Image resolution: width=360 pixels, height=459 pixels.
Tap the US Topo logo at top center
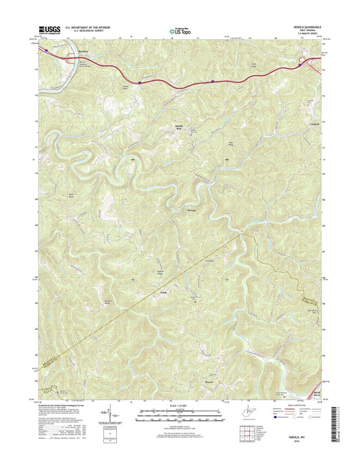point(180,30)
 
